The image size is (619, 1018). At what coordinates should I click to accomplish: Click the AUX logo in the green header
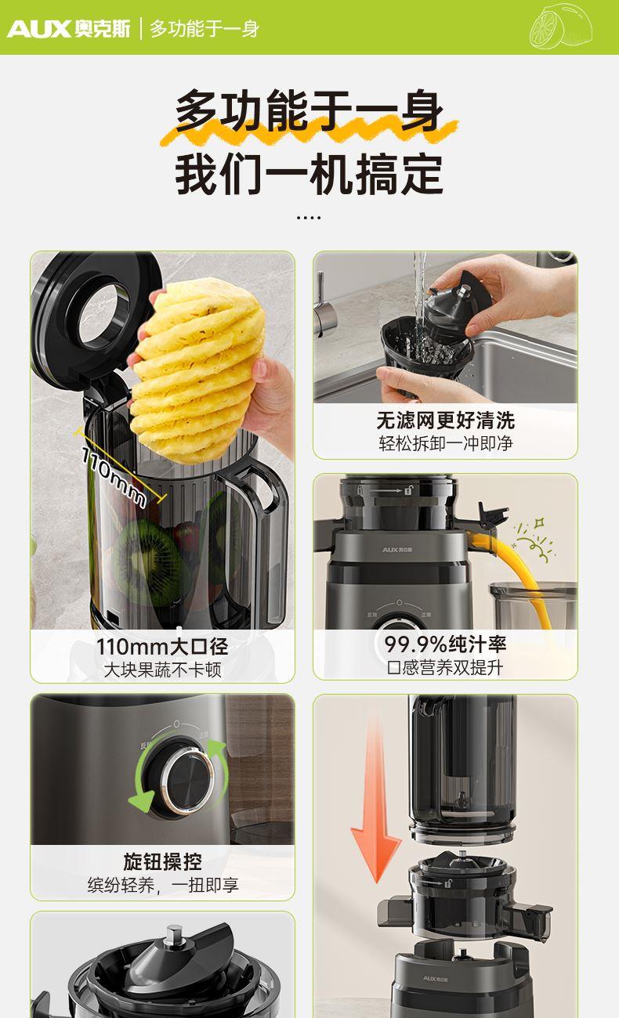(x=68, y=29)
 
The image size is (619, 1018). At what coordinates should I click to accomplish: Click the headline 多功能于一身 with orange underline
(x=309, y=111)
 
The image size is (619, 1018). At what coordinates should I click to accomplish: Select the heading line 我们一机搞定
(x=309, y=174)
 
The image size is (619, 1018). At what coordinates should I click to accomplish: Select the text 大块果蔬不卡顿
(x=162, y=670)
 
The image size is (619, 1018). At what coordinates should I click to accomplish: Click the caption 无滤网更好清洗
(x=445, y=421)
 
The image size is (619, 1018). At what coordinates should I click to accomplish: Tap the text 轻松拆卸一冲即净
(x=445, y=443)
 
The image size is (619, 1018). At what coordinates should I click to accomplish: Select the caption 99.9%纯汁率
(x=445, y=644)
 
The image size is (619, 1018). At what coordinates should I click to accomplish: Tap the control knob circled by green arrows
(x=186, y=778)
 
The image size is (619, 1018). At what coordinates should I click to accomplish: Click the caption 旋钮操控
(x=162, y=861)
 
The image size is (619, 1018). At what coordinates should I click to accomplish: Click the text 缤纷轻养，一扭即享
(x=163, y=885)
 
